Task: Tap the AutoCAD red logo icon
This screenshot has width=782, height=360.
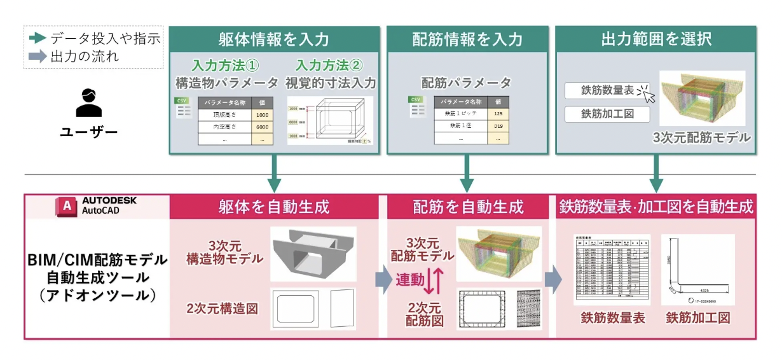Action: [x=66, y=206]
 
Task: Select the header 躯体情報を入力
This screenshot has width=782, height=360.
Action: [x=274, y=39]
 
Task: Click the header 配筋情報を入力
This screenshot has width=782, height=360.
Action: [x=467, y=39]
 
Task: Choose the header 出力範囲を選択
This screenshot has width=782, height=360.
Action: [x=656, y=39]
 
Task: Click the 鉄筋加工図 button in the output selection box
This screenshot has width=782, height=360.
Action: [x=607, y=114]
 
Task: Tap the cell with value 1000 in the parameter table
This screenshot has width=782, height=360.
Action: [x=261, y=115]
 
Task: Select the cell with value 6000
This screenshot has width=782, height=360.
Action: [x=261, y=127]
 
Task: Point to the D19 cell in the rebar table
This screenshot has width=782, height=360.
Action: [x=498, y=126]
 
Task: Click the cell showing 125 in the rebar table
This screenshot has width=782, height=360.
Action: [x=498, y=114]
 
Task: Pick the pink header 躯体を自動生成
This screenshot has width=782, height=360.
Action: [x=274, y=207]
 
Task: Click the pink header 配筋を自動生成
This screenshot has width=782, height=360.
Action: [x=467, y=207]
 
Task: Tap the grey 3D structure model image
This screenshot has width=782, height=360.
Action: [x=313, y=254]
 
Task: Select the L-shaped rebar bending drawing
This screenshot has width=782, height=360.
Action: [x=697, y=270]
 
